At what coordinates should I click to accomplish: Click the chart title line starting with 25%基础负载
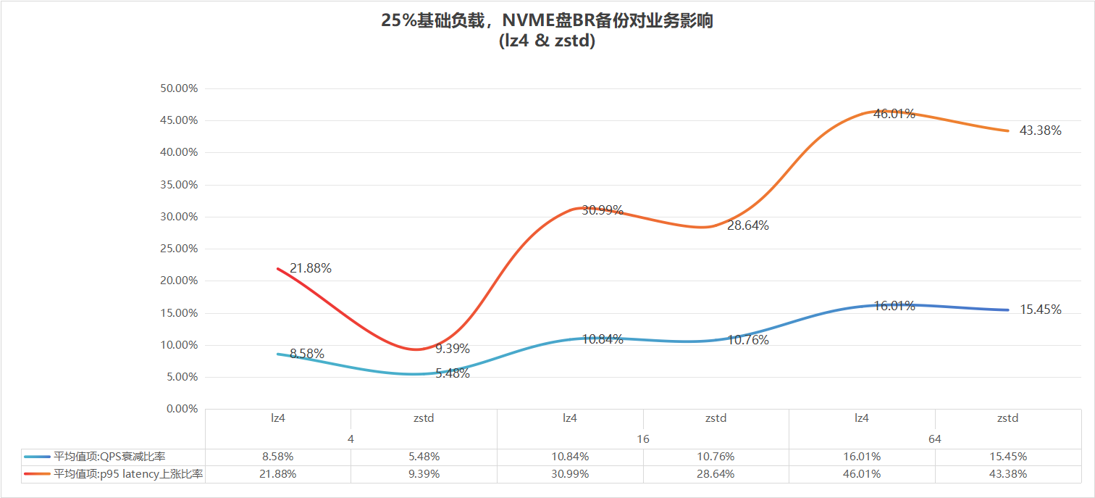[547, 21]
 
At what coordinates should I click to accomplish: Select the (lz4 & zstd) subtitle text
[547, 41]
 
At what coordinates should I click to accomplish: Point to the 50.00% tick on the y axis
[177, 88]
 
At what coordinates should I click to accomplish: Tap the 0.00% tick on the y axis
[180, 409]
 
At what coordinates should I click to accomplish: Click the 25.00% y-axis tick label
[177, 249]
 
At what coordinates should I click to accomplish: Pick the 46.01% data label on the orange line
[894, 114]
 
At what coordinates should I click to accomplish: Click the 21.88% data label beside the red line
[311, 268]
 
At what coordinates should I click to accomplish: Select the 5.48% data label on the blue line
[452, 374]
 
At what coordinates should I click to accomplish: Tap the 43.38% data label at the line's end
[1040, 131]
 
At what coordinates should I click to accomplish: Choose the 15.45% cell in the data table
[1007, 457]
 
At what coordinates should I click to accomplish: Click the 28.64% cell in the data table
[716, 474]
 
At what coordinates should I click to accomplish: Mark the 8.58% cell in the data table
[277, 457]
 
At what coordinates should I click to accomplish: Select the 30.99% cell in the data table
[570, 474]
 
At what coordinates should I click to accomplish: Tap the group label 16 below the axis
[643, 439]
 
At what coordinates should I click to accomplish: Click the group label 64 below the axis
[934, 439]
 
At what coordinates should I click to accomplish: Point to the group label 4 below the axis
[351, 439]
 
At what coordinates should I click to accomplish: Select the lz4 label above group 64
[861, 418]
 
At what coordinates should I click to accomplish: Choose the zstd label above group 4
[424, 418]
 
